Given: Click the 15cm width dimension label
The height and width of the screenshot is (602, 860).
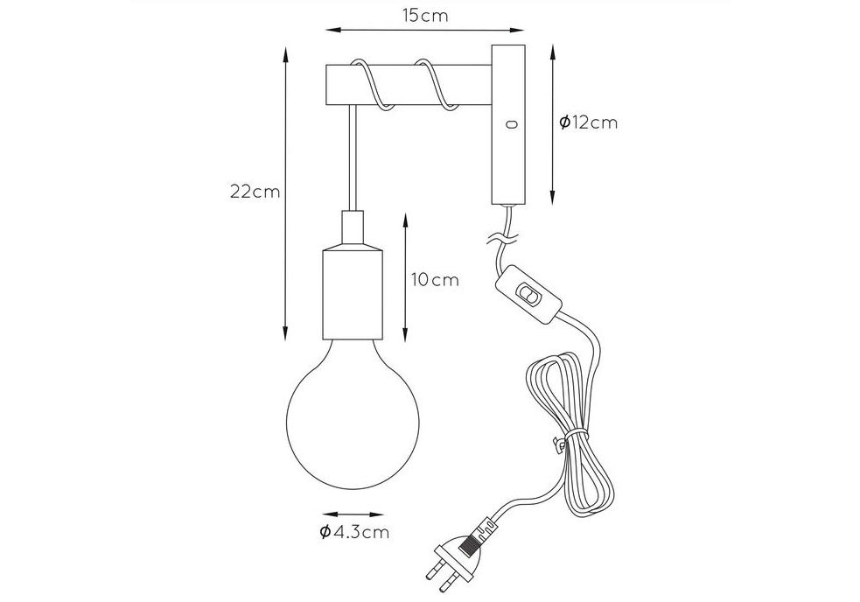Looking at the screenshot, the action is click(x=425, y=16).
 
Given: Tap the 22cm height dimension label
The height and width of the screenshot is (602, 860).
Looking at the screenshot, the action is click(x=255, y=192).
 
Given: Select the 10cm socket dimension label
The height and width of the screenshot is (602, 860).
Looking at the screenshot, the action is click(x=435, y=280).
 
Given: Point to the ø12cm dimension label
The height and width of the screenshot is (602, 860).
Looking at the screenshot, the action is click(x=589, y=122).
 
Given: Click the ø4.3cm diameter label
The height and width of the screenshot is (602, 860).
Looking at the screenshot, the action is click(x=354, y=532).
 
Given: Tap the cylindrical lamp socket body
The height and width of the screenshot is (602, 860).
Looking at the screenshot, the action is click(x=353, y=294).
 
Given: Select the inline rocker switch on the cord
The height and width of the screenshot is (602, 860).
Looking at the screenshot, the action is click(x=528, y=294).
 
